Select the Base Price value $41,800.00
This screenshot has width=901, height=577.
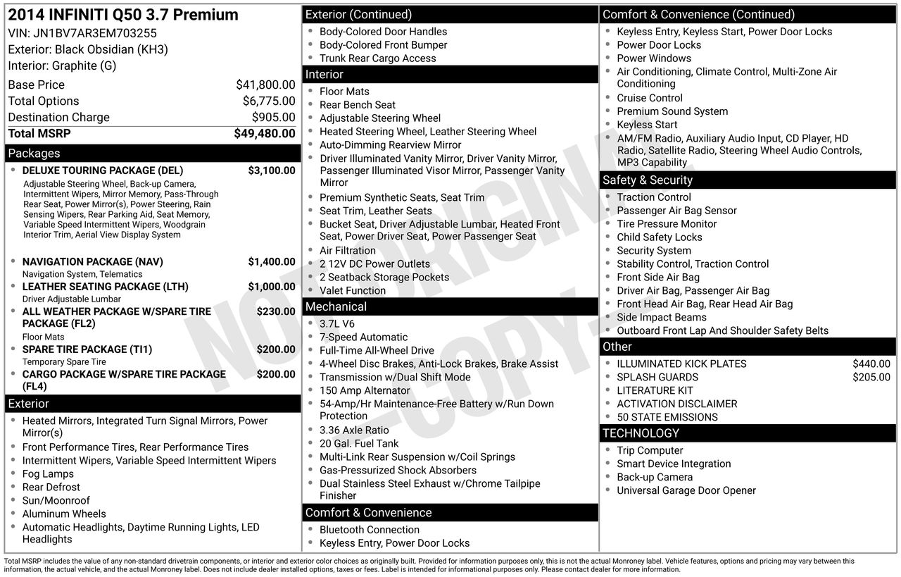pos(265,85)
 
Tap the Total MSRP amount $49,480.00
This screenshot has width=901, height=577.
pos(265,133)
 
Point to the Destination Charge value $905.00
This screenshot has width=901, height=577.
pos(273,117)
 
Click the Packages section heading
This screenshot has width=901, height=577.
pos(34,154)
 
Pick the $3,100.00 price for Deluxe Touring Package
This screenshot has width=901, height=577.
pos(272,170)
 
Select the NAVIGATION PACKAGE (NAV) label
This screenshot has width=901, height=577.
pos(92,262)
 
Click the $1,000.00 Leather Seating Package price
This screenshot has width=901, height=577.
pos(272,287)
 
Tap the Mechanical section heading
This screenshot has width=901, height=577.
pos(336,307)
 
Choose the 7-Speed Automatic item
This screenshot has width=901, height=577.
pos(363,337)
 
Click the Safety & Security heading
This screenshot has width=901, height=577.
pos(647,180)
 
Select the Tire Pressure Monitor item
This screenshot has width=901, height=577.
pos(667,224)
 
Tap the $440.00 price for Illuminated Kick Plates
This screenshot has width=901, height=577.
pos(871,364)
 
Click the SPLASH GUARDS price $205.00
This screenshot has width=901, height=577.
pos(871,378)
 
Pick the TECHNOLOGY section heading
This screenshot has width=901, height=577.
pos(641,433)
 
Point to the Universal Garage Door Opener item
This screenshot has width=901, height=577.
pos(686,491)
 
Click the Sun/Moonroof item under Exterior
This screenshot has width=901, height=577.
pos(56,501)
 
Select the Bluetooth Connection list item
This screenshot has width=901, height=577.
pos(370,530)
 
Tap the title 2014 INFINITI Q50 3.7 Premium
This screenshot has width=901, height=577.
pos(123,15)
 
